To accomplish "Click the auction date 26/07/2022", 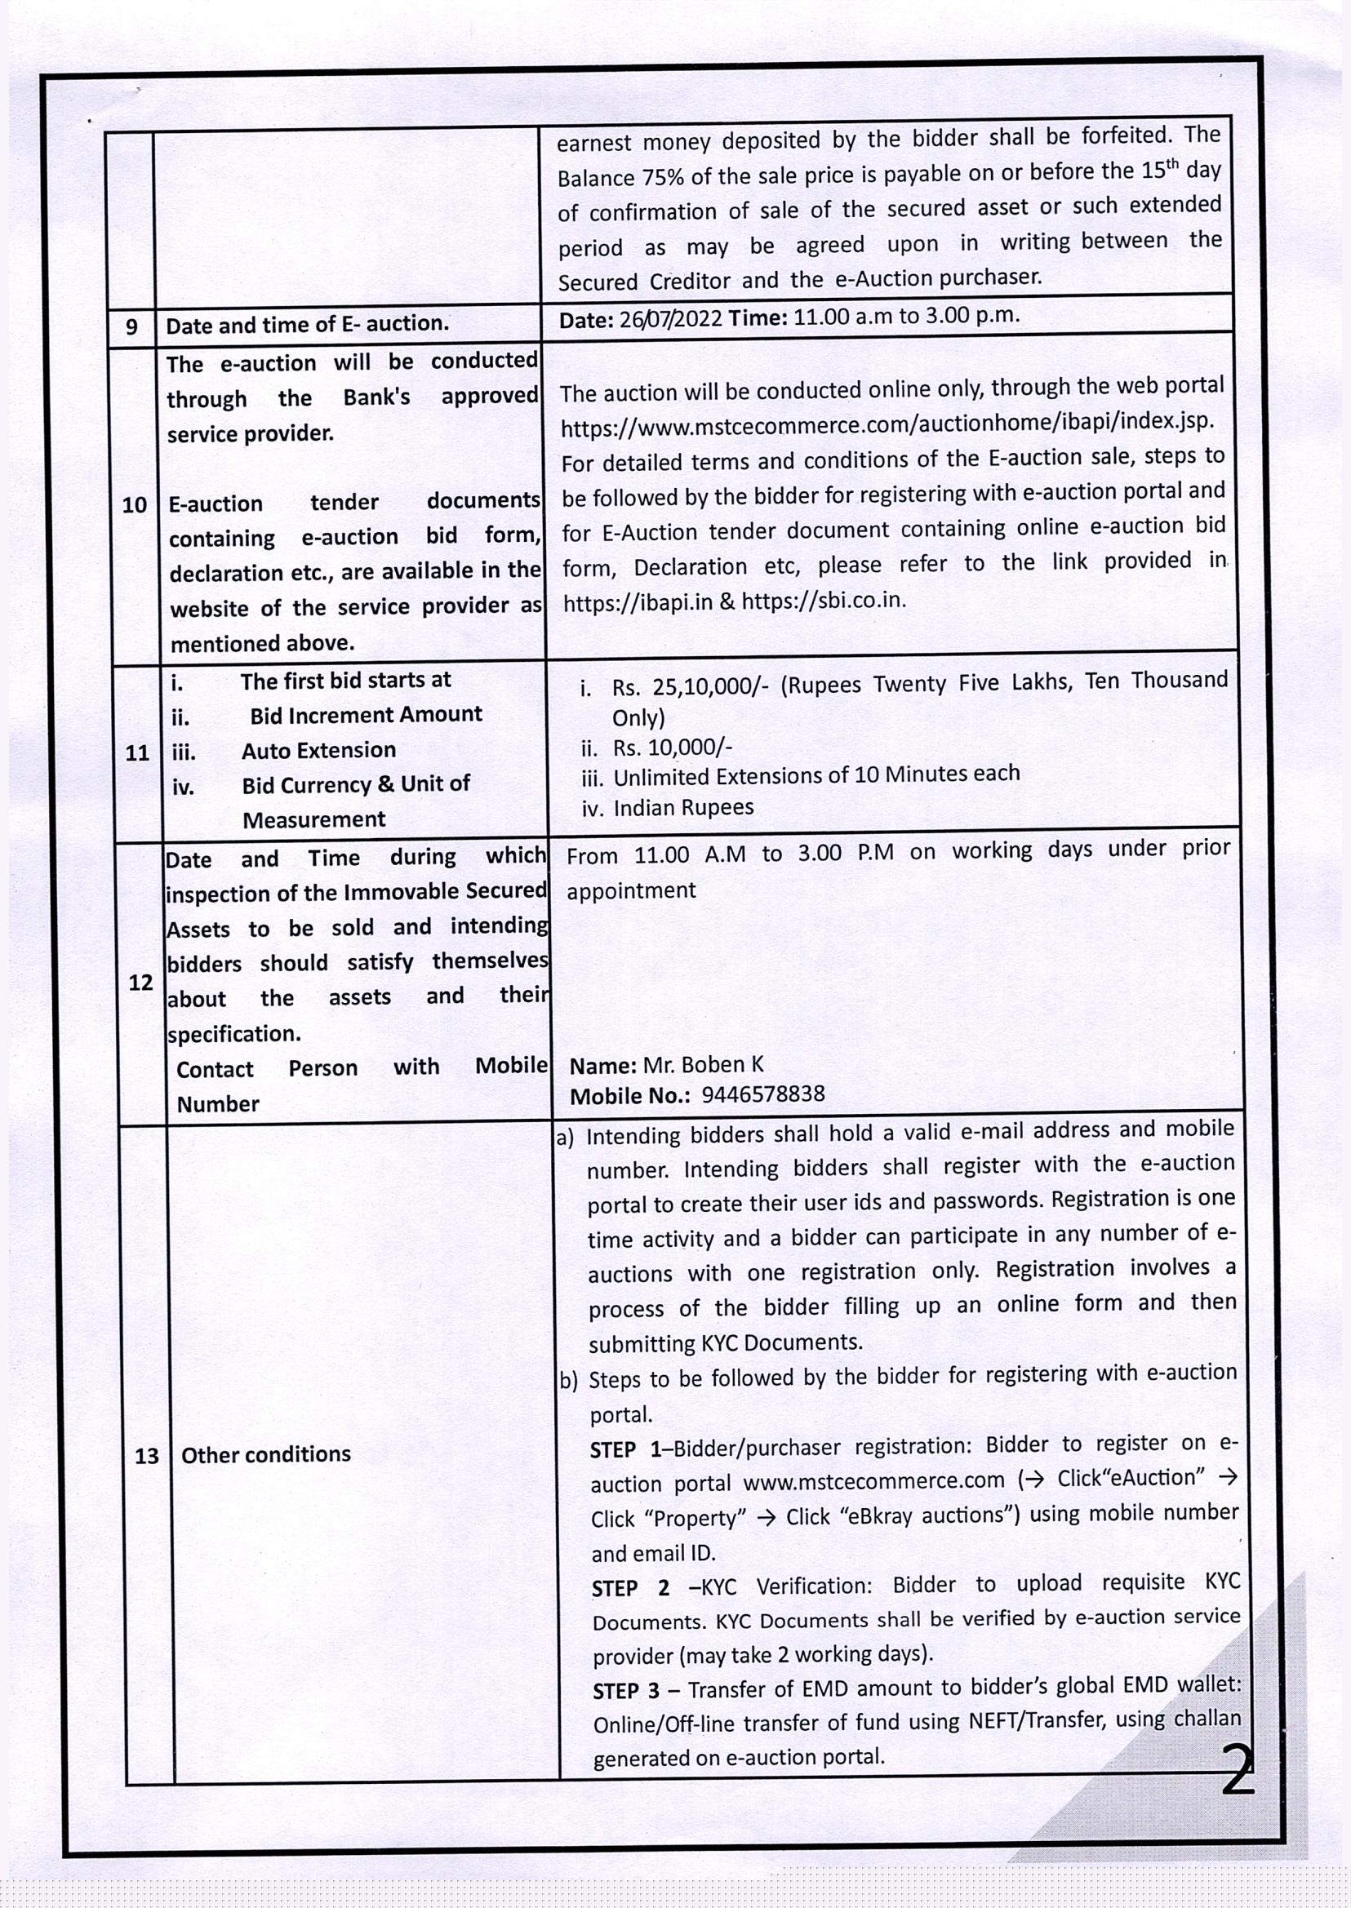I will point(670,319).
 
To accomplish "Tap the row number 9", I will point(131,326).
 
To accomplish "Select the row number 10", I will point(134,505).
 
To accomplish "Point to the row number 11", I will point(136,752).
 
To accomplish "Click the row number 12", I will point(140,983).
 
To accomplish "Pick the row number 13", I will point(146,1456).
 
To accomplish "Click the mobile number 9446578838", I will point(763,1094).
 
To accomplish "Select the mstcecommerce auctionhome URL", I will point(887,424).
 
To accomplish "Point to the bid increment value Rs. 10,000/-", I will point(672,748).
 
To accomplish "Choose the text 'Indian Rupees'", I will point(683,808).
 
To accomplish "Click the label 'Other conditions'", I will point(265,1455).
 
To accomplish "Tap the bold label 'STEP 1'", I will point(624,1449).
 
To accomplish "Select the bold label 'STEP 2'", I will point(629,1589).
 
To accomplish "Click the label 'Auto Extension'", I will point(318,750).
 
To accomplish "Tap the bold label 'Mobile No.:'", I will point(629,1096).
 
